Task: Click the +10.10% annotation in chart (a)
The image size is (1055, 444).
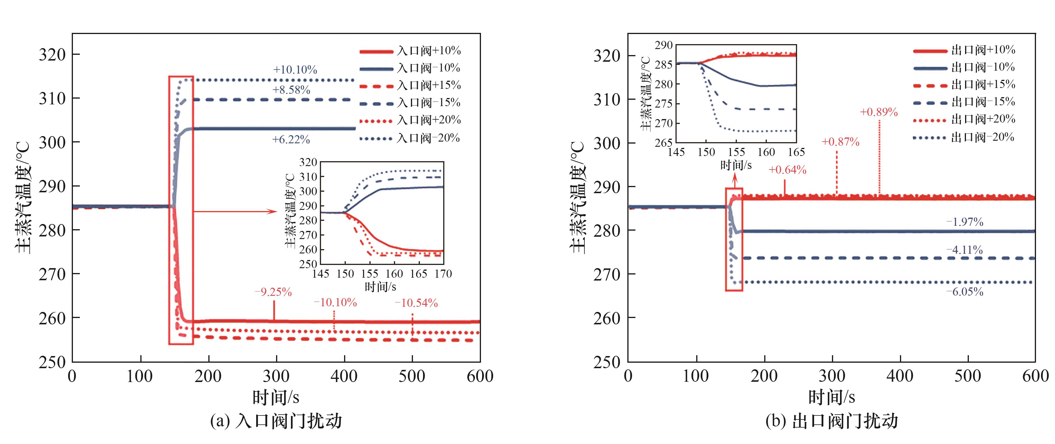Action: [x=295, y=70]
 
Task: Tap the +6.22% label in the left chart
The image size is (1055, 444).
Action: [x=291, y=140]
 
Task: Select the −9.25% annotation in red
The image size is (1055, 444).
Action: [x=273, y=292]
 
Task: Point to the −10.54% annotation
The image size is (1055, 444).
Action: [x=416, y=303]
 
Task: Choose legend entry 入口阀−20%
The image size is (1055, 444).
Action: [x=428, y=138]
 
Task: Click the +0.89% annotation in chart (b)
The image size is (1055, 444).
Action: [x=878, y=112]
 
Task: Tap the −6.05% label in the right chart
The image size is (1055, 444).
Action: [x=965, y=292]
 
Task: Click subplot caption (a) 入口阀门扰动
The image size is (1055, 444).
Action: [x=275, y=421]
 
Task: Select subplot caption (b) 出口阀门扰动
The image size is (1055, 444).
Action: [x=831, y=421]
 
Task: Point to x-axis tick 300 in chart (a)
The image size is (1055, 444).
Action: [x=276, y=376]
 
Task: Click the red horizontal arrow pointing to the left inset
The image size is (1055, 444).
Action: [x=235, y=211]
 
